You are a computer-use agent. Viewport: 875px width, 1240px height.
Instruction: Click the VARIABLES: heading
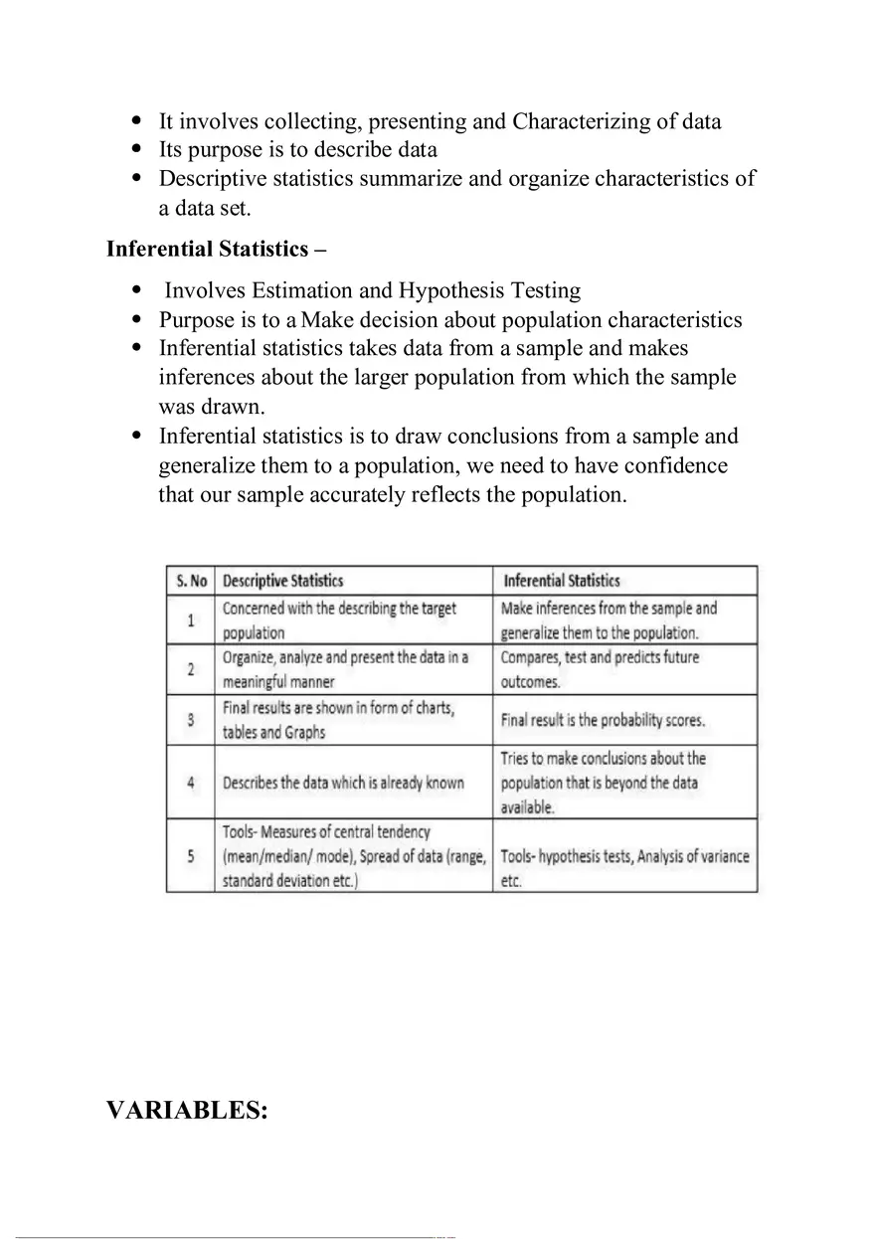(187, 1110)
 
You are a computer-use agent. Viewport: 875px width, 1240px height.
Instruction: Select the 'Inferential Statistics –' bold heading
(216, 249)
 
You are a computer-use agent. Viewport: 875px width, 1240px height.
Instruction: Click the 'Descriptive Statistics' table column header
(282, 581)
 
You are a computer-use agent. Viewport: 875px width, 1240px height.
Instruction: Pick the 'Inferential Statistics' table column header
(562, 581)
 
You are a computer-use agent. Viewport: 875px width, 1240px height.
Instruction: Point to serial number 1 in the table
(191, 620)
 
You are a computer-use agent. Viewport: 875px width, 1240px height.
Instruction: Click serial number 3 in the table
(191, 720)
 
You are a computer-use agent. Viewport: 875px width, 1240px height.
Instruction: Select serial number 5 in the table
(191, 855)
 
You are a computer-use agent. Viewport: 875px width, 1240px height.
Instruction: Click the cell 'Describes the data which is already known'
(343, 783)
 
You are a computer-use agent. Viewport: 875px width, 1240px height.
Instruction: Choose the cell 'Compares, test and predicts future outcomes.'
(600, 669)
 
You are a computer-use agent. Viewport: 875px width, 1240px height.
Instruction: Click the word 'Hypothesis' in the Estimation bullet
(451, 290)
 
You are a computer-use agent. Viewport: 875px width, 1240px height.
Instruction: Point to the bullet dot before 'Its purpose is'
(137, 150)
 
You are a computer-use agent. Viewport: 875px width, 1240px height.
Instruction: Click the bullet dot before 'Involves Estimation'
(137, 290)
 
